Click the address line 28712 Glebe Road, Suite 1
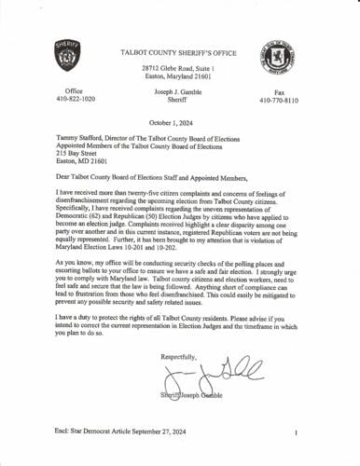[179, 70]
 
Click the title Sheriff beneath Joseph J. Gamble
[179, 103]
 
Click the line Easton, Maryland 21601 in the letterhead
[179, 78]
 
